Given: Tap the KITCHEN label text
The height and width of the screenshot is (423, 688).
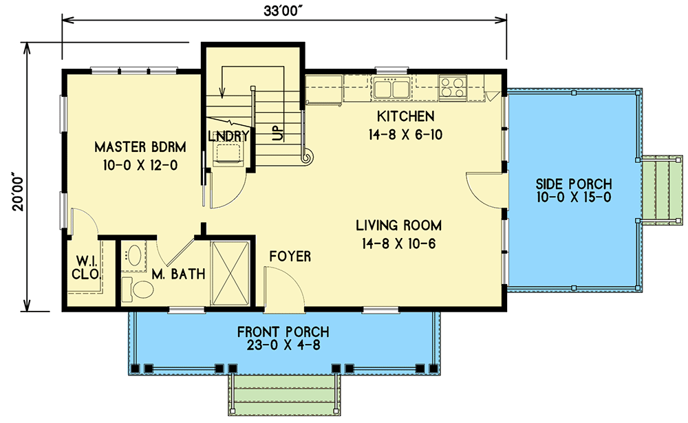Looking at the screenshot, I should pos(404,116).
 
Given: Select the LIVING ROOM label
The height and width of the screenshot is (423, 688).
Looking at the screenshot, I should pos(398,225).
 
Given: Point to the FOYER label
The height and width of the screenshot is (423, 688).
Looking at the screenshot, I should pos(290,257).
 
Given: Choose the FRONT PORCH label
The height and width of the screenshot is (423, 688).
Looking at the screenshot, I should pos(283,332).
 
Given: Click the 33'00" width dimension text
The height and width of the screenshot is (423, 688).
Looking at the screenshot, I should pos(283,10).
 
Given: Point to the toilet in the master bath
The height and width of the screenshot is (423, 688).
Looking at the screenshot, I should pos(137,290).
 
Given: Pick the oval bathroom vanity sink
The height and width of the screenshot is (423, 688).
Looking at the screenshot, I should pos(133,257).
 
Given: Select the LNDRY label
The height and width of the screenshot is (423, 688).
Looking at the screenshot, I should pos(228,136).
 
